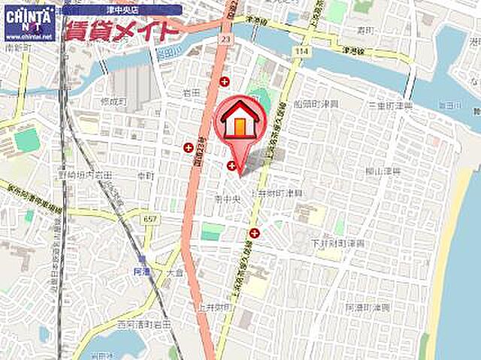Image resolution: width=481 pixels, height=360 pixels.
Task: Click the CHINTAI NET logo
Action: click(29, 15)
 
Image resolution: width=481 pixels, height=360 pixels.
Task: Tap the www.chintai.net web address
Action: click(29, 35)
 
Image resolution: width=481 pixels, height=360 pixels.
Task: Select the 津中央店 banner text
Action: click(121, 11)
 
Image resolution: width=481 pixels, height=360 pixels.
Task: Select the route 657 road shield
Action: click(150, 218)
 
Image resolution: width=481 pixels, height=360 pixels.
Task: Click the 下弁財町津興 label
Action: click(338, 244)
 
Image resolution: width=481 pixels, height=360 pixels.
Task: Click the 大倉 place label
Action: click(175, 272)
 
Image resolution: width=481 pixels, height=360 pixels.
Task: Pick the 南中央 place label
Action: click(226, 201)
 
